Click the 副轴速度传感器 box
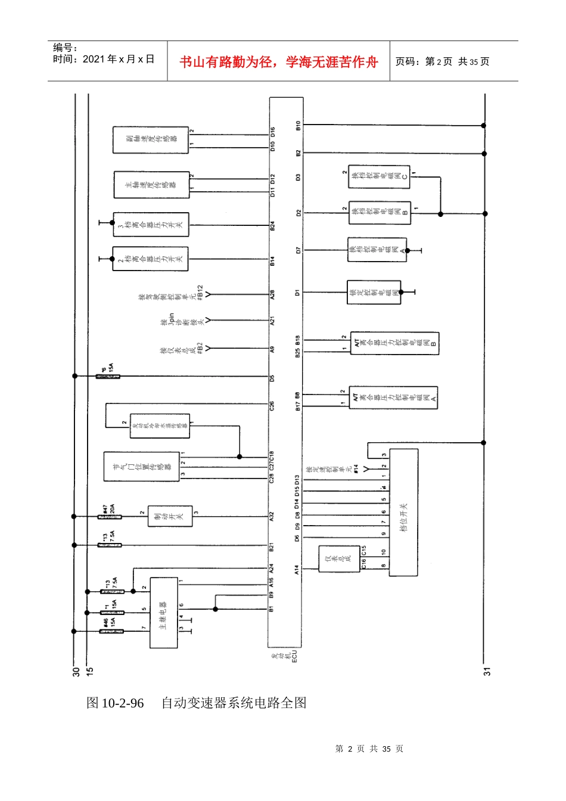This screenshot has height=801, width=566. tap(151, 139)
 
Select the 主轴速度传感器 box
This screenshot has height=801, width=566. tap(151, 185)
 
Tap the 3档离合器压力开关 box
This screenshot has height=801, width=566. tap(151, 225)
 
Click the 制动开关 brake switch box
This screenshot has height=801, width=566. tap(170, 517)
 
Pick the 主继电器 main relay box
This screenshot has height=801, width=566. tap(163, 613)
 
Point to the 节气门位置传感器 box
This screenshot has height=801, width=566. tap(142, 467)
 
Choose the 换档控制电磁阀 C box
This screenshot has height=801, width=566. tap(379, 177)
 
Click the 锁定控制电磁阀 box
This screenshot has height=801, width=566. tap(374, 293)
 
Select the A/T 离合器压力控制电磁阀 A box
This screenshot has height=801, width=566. tap(393, 398)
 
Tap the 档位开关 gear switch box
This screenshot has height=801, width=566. tap(403, 512)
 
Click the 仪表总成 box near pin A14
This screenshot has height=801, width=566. tap(339, 559)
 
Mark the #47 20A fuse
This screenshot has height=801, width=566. tap(109, 516)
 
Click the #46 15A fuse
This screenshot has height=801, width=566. tap(111, 631)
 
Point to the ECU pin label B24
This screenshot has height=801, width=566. tap(272, 226)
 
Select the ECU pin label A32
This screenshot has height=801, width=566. tap(272, 517)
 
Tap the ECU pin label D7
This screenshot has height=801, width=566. tap(298, 250)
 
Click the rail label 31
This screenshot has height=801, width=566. tap(487, 671)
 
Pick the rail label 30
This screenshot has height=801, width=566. tap(76, 671)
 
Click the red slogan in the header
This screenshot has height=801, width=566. tap(278, 62)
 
